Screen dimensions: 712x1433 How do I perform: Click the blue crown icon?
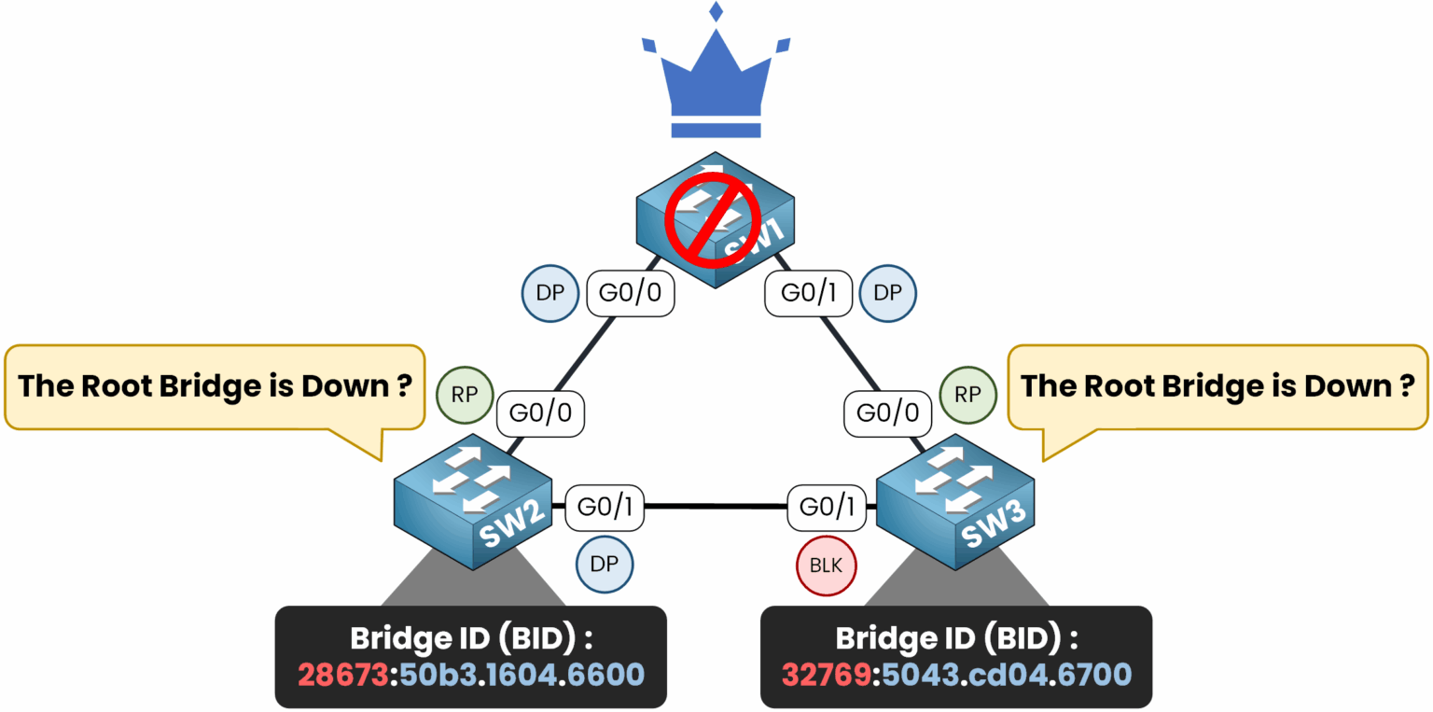coord(716,78)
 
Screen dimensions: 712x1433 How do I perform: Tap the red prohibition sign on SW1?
coord(714,221)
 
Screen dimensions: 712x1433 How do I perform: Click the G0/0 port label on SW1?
coord(631,293)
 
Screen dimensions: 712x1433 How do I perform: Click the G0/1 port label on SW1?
coord(807,293)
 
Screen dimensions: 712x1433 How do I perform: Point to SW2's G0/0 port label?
coord(541,412)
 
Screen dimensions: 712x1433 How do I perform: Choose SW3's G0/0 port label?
coord(887,412)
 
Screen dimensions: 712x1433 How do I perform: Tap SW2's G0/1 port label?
coord(605,507)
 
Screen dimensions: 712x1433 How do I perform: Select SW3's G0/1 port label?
coord(827,507)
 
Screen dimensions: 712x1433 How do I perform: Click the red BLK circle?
coord(826,565)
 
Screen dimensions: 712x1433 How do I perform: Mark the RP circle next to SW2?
coord(465,395)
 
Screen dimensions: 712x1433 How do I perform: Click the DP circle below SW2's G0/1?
coord(605,565)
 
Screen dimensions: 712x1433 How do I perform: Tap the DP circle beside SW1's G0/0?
coord(550,293)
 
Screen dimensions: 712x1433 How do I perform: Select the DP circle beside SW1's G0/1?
coord(888,293)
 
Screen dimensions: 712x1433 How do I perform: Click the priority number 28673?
coord(341,674)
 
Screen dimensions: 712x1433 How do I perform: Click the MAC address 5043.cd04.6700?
coord(1004,674)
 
